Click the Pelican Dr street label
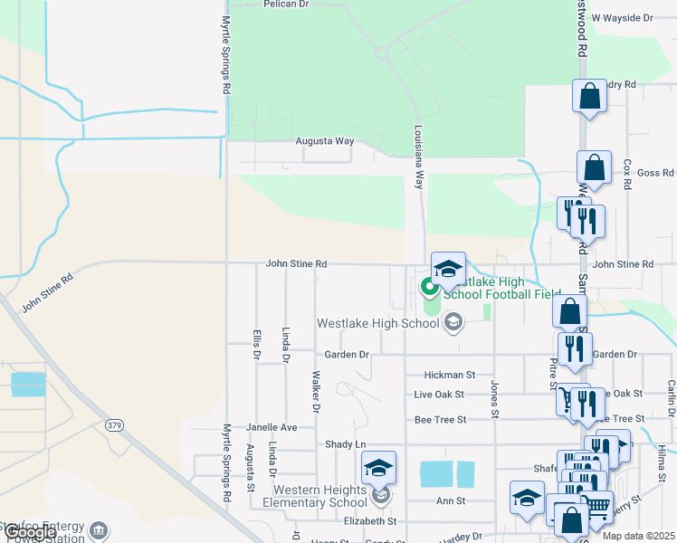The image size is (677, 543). pyautogui.click(x=286, y=5)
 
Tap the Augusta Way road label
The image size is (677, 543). pyautogui.click(x=325, y=141)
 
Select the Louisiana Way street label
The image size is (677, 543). pyautogui.click(x=419, y=157)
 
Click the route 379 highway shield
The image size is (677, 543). pyautogui.click(x=113, y=424)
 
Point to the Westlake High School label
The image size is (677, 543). pyautogui.click(x=377, y=323)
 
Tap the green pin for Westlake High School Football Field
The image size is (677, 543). pyautogui.click(x=429, y=290)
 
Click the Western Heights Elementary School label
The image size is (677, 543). pyautogui.click(x=315, y=497)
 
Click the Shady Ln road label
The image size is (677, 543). pyautogui.click(x=345, y=444)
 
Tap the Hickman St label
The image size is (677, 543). pyautogui.click(x=450, y=374)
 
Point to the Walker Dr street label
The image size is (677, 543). pyautogui.click(x=316, y=390)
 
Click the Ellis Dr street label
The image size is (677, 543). pyautogui.click(x=257, y=345)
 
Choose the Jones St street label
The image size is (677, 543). pyautogui.click(x=495, y=399)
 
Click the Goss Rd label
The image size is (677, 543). pyautogui.click(x=655, y=172)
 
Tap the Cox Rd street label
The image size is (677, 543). pyautogui.click(x=626, y=174)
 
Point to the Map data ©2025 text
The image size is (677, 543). pyautogui.click(x=638, y=536)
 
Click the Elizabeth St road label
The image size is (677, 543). pyautogui.click(x=370, y=521)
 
